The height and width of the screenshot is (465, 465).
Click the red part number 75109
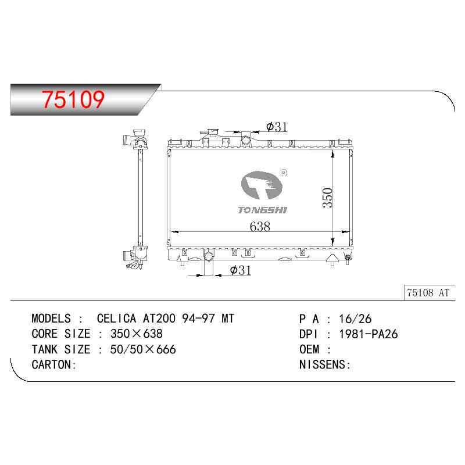(x=73, y=99)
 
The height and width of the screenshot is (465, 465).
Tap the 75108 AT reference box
(x=429, y=293)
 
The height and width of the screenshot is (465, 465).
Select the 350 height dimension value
(x=328, y=198)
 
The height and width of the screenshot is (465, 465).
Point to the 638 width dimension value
(x=260, y=227)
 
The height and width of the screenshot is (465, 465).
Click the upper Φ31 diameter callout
(x=277, y=127)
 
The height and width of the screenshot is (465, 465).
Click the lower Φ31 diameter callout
(x=240, y=270)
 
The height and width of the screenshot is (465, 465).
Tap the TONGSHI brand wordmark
(x=263, y=210)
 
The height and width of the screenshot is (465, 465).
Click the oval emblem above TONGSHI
(x=262, y=185)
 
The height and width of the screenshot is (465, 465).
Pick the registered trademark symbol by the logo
(x=284, y=173)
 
